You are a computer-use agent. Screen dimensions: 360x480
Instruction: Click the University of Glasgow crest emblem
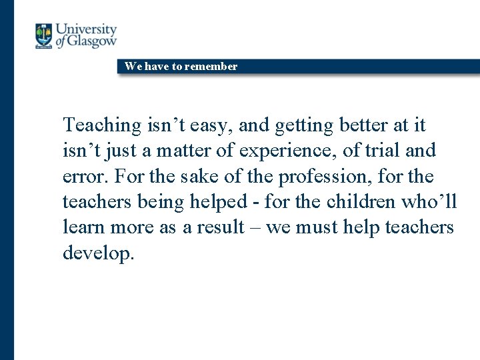click(x=44, y=36)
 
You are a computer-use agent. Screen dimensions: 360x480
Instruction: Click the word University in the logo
click(x=86, y=29)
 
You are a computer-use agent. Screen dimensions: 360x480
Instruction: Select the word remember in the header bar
click(x=211, y=66)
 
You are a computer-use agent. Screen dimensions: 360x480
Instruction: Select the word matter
click(x=185, y=151)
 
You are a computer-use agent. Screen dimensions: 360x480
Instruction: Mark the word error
click(x=86, y=177)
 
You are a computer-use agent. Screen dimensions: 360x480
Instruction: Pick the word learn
click(x=83, y=227)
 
